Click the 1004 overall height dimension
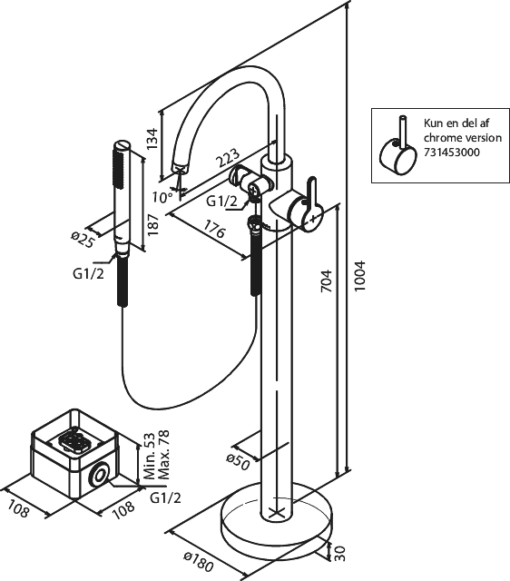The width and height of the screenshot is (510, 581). click(359, 275)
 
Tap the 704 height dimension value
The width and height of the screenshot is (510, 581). click(327, 281)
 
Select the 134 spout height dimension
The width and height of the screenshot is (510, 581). click(152, 139)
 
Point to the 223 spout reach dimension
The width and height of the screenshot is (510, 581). click(228, 158)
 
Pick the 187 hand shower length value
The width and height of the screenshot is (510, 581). click(152, 224)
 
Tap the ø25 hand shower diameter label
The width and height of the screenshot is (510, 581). click(83, 240)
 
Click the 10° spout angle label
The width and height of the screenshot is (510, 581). click(162, 197)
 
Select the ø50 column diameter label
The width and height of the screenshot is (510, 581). click(239, 462)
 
